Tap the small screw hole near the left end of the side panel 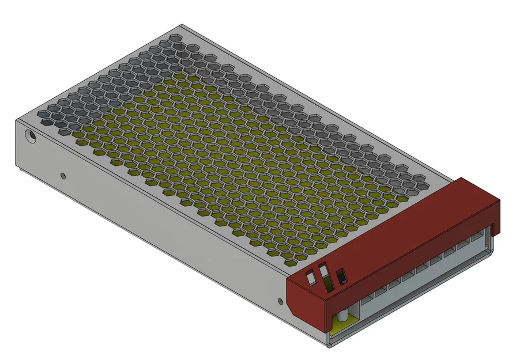(x=63, y=175)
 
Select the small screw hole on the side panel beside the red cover (x=280, y=300)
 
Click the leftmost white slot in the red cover (x=310, y=279)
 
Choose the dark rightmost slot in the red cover (x=341, y=276)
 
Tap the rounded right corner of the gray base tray (x=491, y=248)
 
